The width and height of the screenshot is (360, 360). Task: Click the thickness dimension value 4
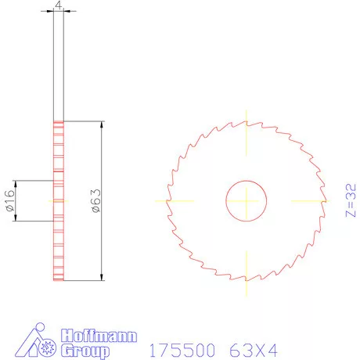coord(58,5)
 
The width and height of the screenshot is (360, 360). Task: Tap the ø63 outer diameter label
coord(95,200)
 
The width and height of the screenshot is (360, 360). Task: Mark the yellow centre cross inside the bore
coord(246,201)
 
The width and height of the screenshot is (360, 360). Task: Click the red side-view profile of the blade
coord(58,235)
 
